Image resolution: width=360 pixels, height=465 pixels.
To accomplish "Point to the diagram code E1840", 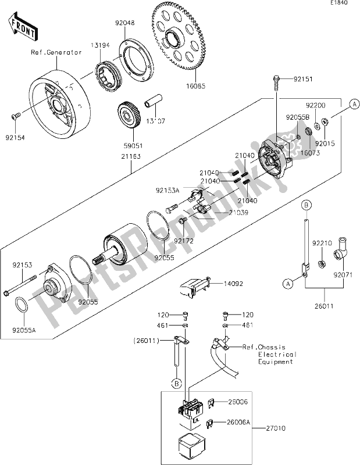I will [x=338, y=3].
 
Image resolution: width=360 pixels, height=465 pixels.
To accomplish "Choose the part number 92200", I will [x=315, y=106].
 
